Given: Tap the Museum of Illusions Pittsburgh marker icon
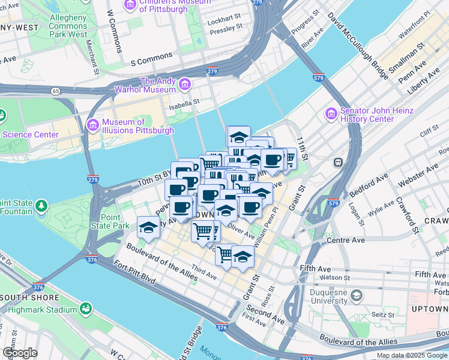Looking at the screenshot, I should click(x=92, y=125).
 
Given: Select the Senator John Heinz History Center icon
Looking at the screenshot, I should click(x=331, y=113).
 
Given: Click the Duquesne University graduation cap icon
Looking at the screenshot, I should click(x=357, y=295).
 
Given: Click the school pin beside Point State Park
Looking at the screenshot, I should click(x=148, y=227).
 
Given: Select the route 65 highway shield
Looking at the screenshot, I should click(x=56, y=91).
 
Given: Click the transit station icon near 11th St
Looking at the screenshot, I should click(x=338, y=162).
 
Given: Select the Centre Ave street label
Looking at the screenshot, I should click(x=346, y=240).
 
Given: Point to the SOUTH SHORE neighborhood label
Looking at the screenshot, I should click(x=29, y=298).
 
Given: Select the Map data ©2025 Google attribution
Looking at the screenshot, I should click(x=411, y=355).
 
